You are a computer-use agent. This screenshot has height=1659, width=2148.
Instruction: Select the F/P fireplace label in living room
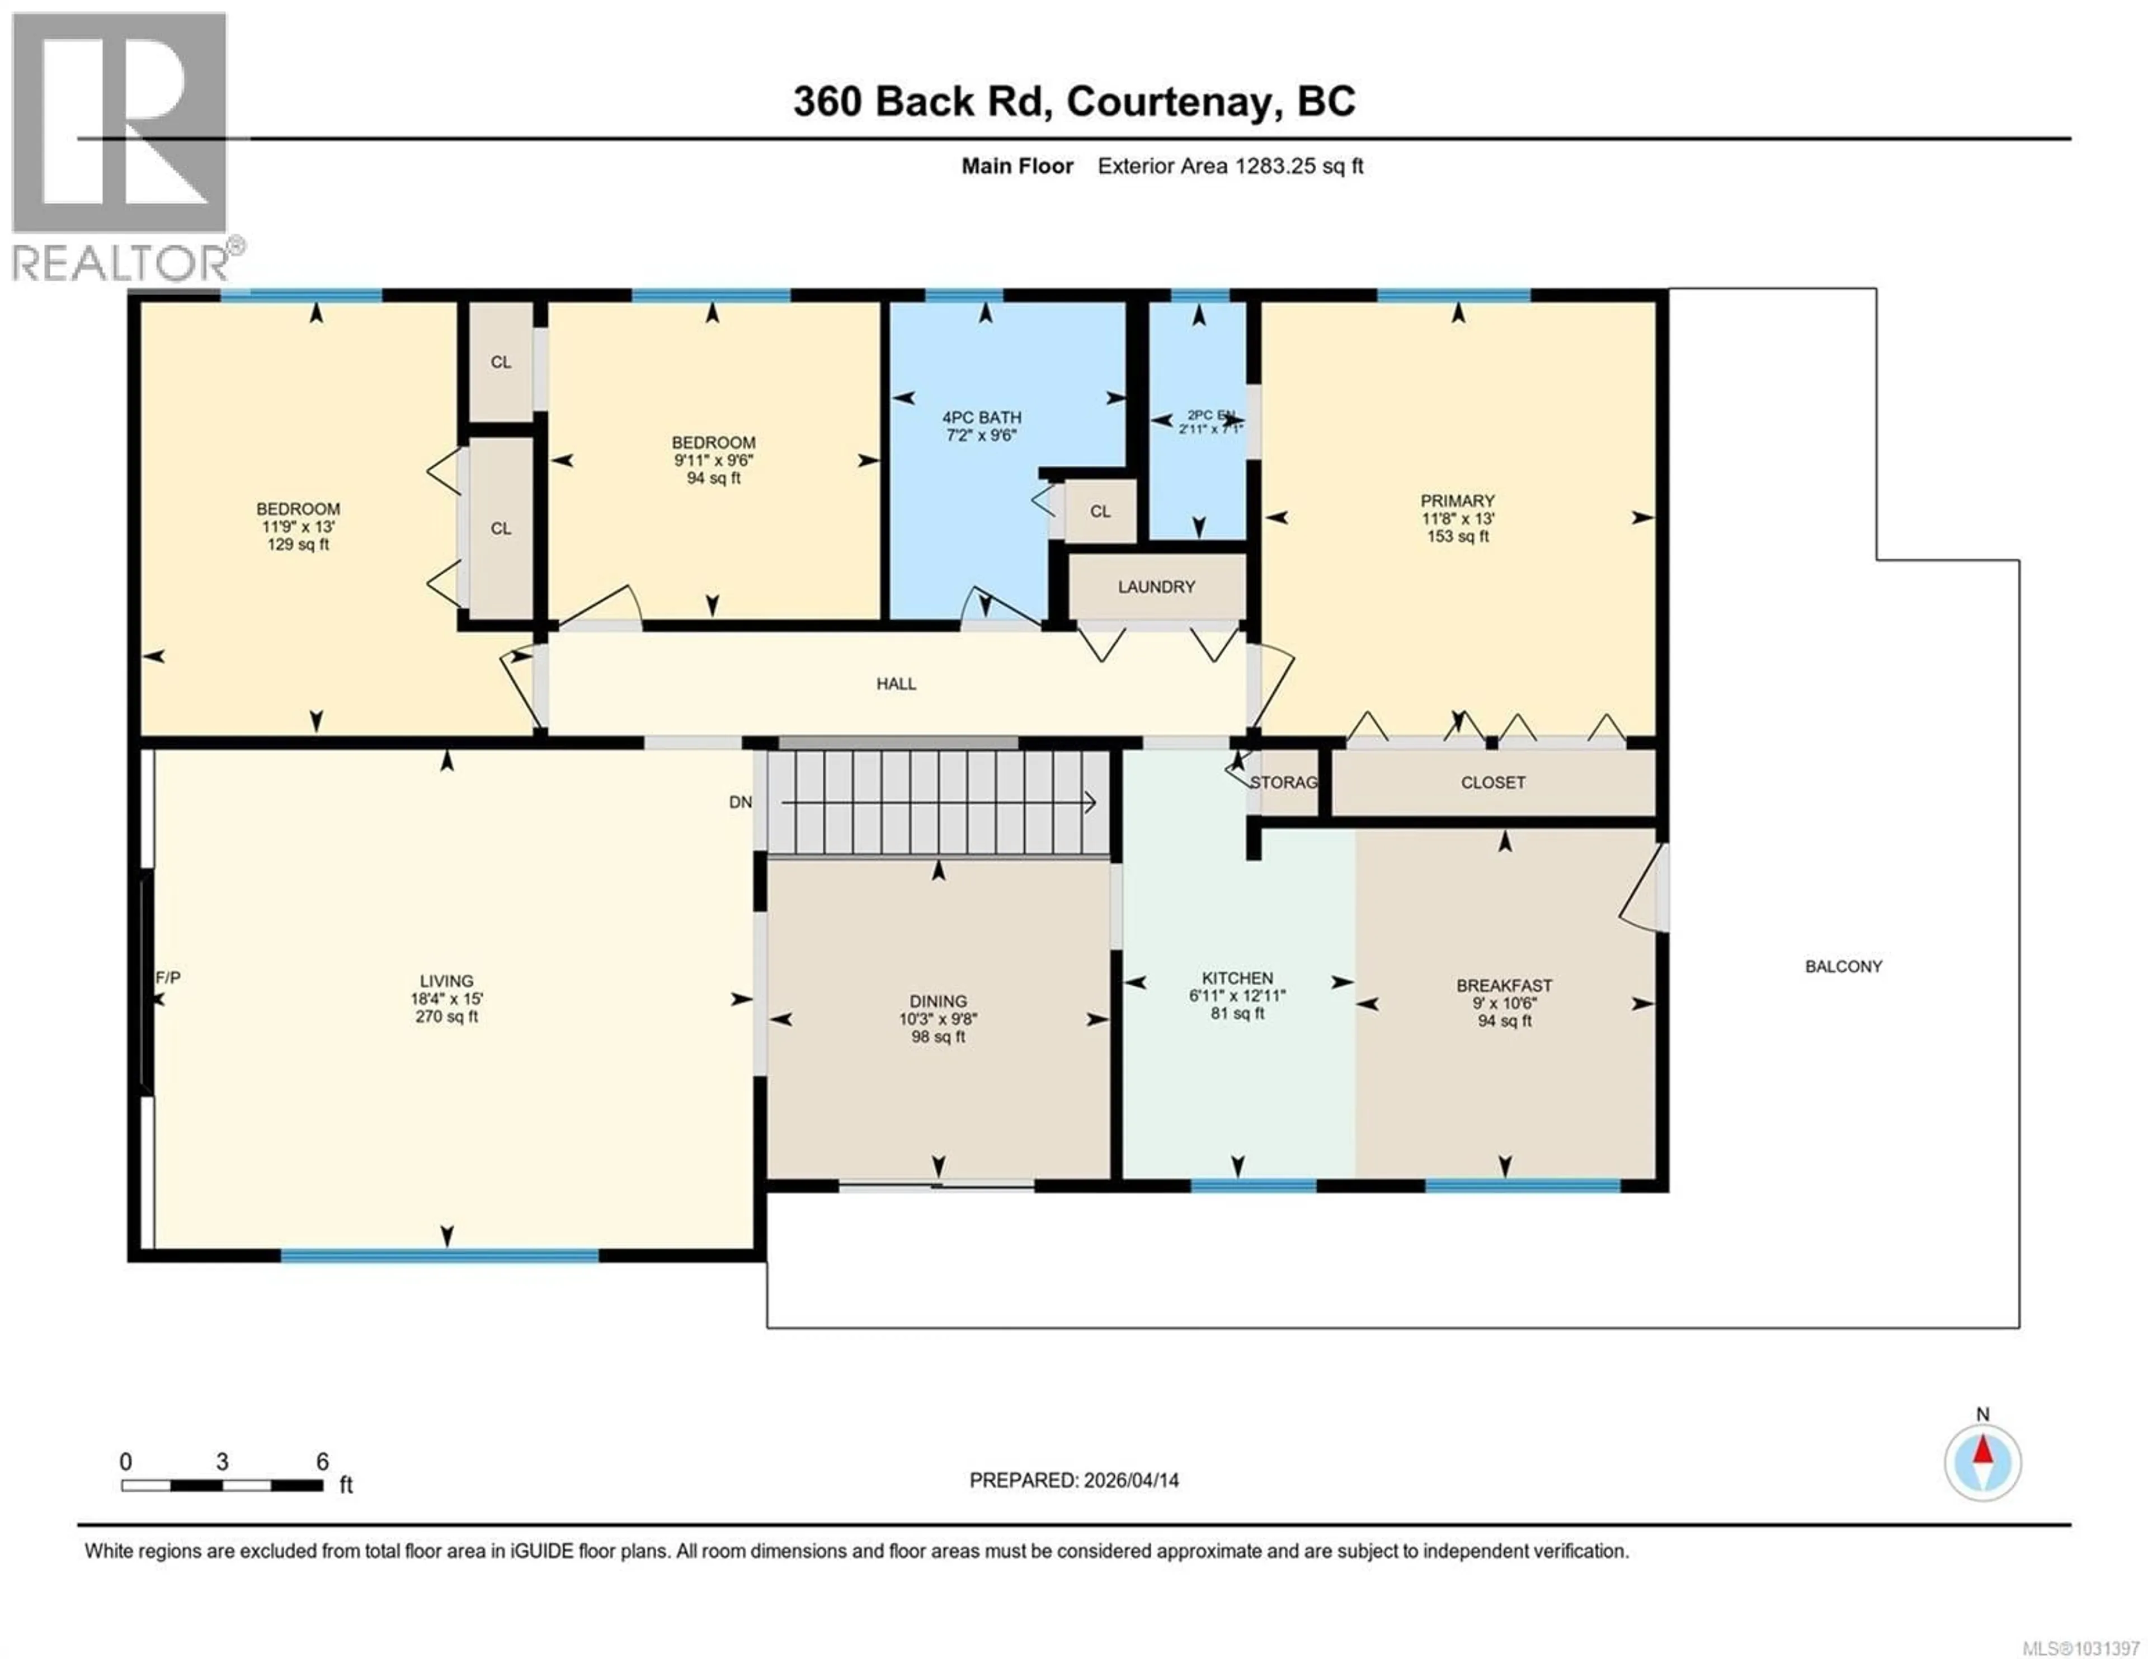point(168,977)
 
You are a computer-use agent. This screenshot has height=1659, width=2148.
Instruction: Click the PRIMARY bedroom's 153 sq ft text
point(1458,536)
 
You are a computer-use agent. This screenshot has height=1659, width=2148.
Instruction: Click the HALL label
point(896,683)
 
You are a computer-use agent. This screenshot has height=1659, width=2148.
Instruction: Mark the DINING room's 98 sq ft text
point(938,1037)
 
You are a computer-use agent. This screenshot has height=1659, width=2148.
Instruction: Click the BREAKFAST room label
point(1504,985)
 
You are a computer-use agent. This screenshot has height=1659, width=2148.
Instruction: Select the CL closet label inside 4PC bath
point(1100,512)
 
